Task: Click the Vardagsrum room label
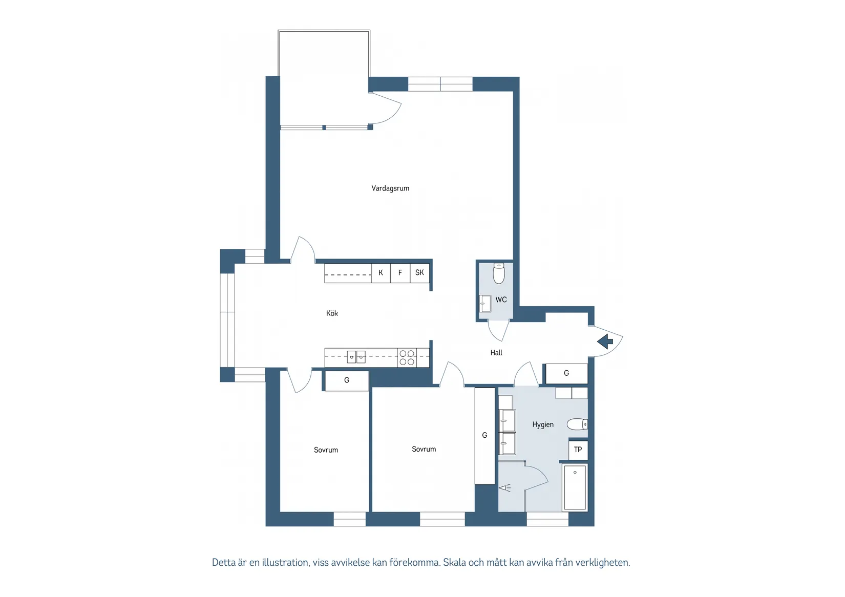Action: click(390, 188)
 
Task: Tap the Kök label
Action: click(332, 313)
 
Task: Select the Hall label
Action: click(496, 353)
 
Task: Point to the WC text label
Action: click(501, 300)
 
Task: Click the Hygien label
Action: click(543, 424)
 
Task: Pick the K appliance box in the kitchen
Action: click(381, 273)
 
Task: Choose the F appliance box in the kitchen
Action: click(400, 273)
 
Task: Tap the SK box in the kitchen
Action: click(419, 273)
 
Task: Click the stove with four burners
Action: click(407, 357)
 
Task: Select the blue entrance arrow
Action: click(605, 342)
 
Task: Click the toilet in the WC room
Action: click(499, 273)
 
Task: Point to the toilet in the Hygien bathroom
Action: click(577, 424)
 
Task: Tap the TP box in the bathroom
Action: click(578, 450)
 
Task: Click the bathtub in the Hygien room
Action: click(575, 487)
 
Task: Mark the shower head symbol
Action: click(505, 488)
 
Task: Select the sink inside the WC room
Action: click(485, 304)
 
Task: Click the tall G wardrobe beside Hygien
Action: click(485, 436)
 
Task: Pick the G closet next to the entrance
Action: click(566, 373)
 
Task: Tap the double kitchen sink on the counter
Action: click(356, 357)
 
